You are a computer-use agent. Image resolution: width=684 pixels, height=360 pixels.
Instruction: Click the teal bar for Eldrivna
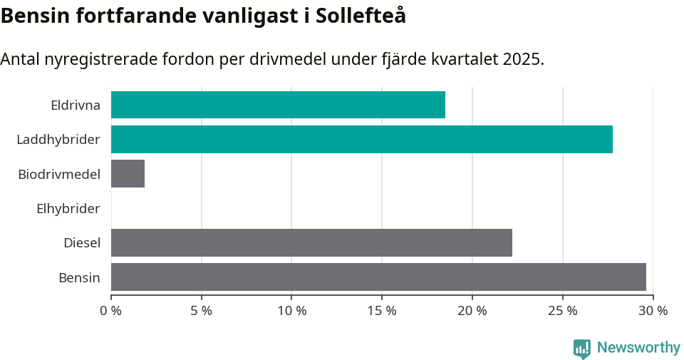(x=278, y=105)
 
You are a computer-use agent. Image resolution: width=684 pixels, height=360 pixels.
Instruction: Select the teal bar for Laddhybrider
(x=361, y=139)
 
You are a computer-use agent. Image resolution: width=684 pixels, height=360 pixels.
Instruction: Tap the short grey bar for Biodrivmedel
(x=128, y=174)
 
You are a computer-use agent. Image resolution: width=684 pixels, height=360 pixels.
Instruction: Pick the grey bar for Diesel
(x=311, y=242)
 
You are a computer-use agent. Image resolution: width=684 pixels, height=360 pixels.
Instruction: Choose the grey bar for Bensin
(x=378, y=277)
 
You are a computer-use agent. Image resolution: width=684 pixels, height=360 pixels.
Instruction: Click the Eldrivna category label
(x=76, y=106)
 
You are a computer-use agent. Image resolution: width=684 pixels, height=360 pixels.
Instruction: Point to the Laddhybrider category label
(x=58, y=140)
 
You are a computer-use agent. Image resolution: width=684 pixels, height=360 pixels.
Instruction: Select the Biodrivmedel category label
(x=59, y=174)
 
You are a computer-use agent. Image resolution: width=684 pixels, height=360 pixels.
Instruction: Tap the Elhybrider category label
(x=68, y=209)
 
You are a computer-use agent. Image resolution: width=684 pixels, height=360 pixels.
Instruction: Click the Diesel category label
(x=82, y=243)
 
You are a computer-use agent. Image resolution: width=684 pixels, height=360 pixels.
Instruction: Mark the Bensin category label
(x=79, y=277)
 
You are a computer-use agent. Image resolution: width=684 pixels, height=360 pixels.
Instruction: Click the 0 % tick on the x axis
(x=111, y=311)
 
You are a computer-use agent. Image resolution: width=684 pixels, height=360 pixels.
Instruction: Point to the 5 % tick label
(x=202, y=311)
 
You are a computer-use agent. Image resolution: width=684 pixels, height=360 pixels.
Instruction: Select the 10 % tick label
(x=291, y=311)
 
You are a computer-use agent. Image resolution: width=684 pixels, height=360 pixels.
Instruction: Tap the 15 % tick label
(x=382, y=311)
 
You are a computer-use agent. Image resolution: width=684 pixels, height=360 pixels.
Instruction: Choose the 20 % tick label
(x=472, y=311)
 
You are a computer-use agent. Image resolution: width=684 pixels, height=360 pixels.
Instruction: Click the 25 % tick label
(x=562, y=311)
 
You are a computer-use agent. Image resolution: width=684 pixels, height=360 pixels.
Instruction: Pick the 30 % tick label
(x=653, y=311)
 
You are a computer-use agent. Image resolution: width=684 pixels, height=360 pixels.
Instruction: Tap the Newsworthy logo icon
(x=582, y=348)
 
